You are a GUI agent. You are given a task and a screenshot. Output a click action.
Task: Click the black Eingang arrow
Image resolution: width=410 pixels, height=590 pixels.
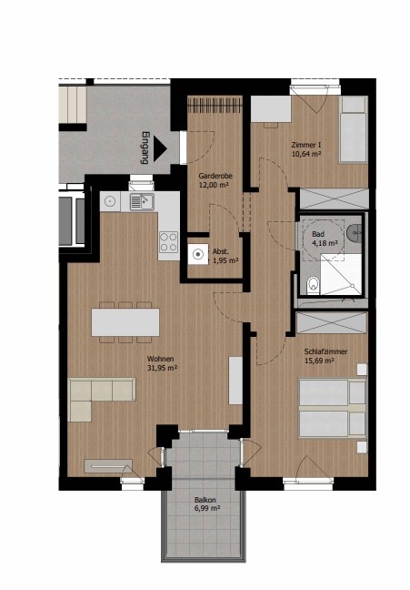point(159,149)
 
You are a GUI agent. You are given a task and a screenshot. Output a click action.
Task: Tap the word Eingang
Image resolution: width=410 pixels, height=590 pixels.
point(145,147)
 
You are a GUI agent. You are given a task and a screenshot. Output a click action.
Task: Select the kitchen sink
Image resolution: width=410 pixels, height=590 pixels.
point(142,202)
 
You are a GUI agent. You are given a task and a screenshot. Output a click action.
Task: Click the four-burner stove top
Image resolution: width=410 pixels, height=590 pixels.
point(168,241)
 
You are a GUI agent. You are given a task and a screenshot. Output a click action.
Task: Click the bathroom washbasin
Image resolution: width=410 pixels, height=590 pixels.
point(355,233)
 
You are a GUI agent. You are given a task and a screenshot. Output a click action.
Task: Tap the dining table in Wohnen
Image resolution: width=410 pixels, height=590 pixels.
point(125,322)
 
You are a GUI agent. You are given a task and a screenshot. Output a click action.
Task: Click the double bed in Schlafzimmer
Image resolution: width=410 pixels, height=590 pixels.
point(332,409)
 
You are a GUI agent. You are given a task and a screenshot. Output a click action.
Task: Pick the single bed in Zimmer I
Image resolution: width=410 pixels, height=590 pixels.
point(353,129)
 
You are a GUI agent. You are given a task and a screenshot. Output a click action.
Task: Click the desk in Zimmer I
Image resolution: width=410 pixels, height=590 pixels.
point(271,109)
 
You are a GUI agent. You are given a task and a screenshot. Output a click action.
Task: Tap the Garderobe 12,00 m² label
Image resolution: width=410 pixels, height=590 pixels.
point(215,180)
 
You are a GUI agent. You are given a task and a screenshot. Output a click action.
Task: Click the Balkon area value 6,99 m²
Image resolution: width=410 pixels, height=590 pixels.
point(207,508)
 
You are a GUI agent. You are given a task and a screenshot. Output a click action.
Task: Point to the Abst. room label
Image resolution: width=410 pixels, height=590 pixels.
point(220,251)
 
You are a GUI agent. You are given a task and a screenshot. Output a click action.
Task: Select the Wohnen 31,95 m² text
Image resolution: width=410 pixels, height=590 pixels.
point(162,363)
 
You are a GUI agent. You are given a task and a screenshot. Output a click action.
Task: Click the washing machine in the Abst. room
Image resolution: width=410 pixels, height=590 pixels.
point(197,254)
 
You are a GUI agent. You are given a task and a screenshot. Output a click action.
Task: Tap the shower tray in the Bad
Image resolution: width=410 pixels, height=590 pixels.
point(341,274)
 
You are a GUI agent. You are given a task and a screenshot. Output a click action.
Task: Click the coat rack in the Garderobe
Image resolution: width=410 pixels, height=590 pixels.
point(215,104)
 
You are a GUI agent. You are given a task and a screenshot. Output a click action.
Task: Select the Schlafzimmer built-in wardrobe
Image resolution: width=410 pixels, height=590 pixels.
point(332,322)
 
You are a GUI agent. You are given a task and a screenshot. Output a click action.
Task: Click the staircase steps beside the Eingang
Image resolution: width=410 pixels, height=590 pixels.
point(73,104)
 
